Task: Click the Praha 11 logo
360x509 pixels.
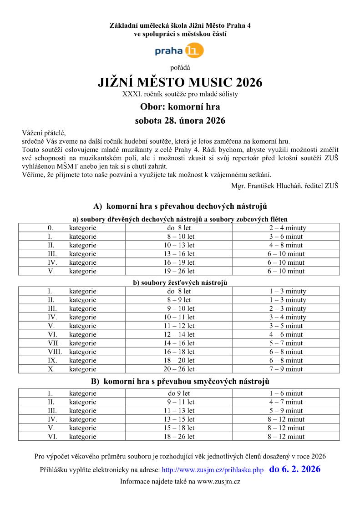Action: pos(179,51)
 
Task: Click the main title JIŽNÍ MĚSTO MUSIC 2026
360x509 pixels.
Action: pos(180,83)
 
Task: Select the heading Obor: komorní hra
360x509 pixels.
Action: pos(180,107)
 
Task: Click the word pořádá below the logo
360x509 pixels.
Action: pos(180,67)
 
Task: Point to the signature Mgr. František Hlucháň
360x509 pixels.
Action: pos(285,186)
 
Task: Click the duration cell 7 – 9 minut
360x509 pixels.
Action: pos(286,369)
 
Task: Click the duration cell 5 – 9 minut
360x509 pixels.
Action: pos(286,411)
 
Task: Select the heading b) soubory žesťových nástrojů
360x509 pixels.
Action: pos(180,282)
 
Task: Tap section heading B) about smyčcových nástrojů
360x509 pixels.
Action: pos(180,381)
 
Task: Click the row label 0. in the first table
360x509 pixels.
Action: pos(51,228)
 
